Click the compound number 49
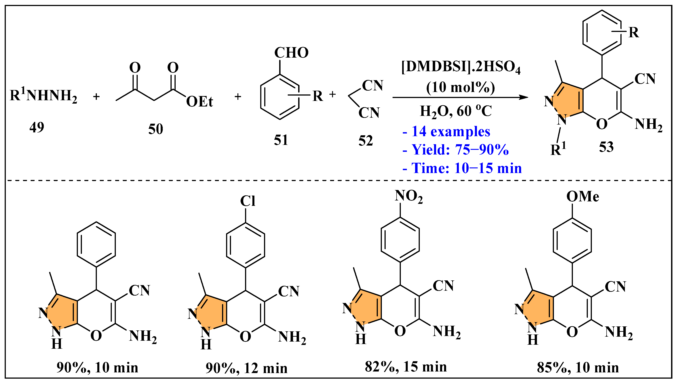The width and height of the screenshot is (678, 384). [x=37, y=128]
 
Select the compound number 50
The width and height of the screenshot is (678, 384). [x=156, y=129]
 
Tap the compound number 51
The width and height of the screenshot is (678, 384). [x=281, y=140]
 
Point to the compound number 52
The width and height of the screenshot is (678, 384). [x=366, y=141]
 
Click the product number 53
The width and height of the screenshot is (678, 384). [x=606, y=147]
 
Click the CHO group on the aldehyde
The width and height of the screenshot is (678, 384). [x=291, y=53]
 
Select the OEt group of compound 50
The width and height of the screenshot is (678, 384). [x=200, y=102]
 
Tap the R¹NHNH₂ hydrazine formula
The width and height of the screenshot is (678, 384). [x=44, y=96]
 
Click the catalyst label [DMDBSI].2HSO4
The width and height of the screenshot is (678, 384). [x=461, y=67]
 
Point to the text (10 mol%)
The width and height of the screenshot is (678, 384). [x=461, y=87]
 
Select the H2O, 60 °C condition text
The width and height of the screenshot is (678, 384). [x=456, y=111]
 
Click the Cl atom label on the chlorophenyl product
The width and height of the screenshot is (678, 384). [x=247, y=201]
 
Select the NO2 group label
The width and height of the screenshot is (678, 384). [x=408, y=196]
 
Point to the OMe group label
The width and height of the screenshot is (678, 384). [x=582, y=197]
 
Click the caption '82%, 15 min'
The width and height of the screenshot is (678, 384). [x=406, y=367]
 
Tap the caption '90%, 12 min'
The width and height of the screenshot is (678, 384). [x=246, y=368]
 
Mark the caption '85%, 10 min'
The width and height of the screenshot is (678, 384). [x=578, y=368]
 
